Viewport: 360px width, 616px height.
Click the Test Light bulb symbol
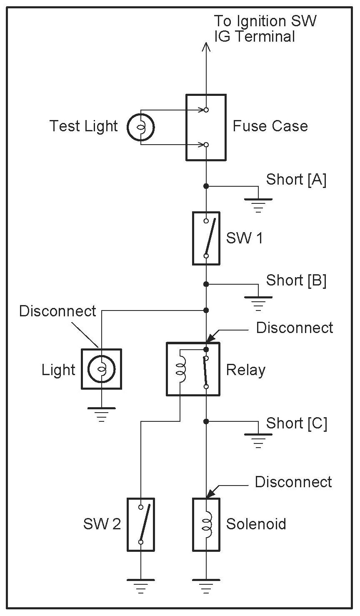pyautogui.click(x=141, y=127)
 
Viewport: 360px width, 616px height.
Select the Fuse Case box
pyautogui.click(x=206, y=127)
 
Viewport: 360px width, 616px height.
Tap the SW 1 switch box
pyautogui.click(x=206, y=238)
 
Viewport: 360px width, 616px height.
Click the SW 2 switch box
pyautogui.click(x=141, y=524)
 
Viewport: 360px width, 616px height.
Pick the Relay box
pyautogui.click(x=193, y=369)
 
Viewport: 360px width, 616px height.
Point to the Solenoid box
pyautogui.click(x=206, y=524)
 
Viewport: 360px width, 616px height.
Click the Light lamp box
pyautogui.click(x=101, y=369)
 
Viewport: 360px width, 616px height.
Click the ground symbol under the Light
pyautogui.click(x=101, y=414)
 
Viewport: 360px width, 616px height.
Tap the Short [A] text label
pyautogui.click(x=296, y=180)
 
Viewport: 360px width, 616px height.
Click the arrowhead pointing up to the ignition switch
pyautogui.click(x=206, y=47)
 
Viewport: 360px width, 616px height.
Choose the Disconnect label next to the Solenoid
pyautogui.click(x=293, y=482)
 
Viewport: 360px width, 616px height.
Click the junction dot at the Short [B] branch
pyautogui.click(x=206, y=284)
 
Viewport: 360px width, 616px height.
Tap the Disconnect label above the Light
pyautogui.click(x=57, y=311)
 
